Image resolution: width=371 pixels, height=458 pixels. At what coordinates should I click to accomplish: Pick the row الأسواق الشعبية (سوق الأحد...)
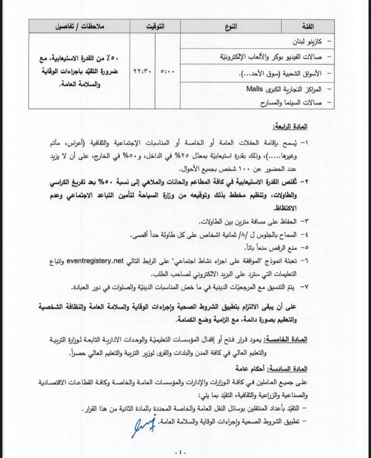(x=293, y=72)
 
